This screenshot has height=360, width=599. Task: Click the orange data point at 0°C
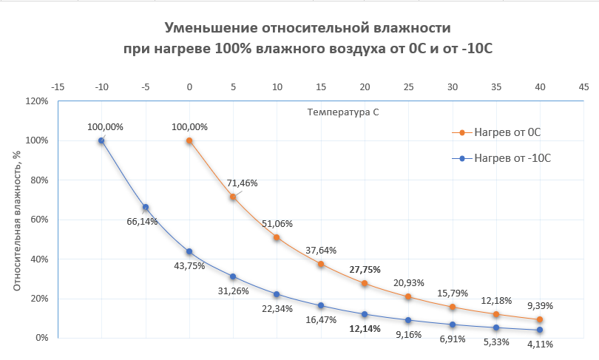tap(189, 140)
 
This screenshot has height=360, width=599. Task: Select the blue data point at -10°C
tap(101, 140)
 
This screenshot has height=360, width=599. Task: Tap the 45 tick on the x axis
tap(583, 86)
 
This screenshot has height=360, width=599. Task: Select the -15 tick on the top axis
tap(58, 86)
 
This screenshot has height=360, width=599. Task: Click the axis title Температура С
tap(342, 112)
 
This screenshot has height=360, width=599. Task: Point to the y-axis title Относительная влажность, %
tap(16, 220)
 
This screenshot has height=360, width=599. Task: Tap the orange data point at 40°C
tap(540, 319)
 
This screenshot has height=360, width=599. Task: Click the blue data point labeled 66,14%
tap(146, 207)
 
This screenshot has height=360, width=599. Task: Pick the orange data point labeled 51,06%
tap(277, 237)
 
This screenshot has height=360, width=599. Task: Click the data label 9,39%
tap(539, 305)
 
